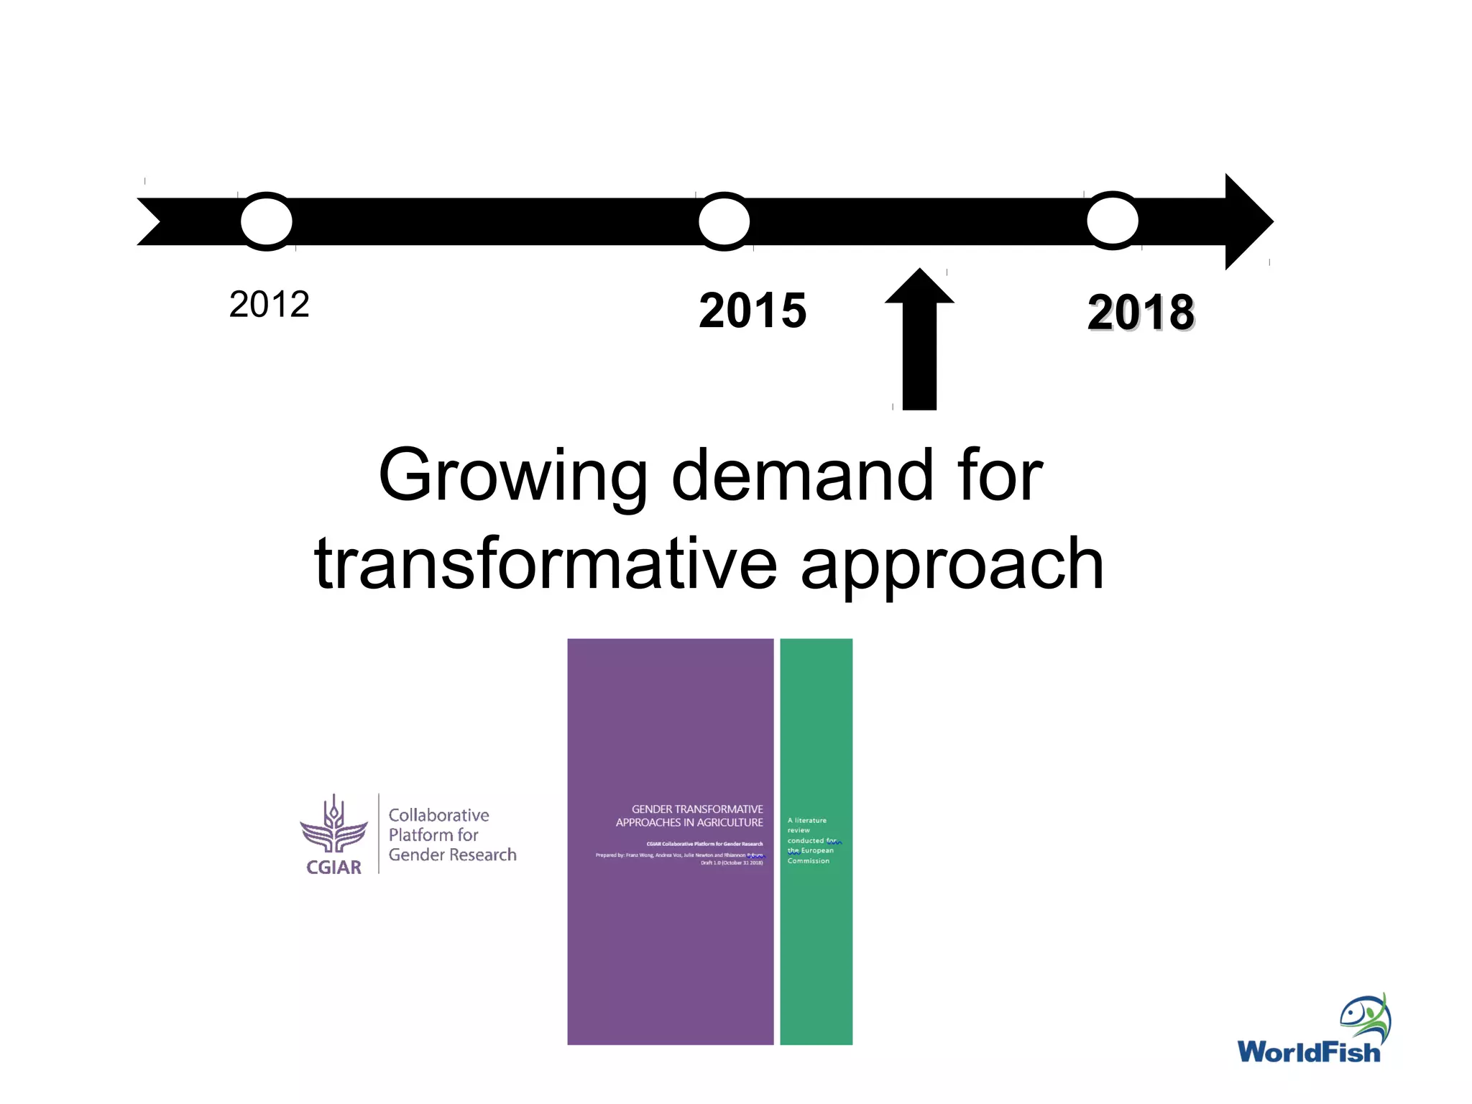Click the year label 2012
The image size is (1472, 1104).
[x=269, y=305]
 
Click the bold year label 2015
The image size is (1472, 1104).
[x=753, y=310]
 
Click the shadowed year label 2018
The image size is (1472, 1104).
[x=1141, y=313]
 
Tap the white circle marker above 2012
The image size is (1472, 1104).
[x=267, y=221]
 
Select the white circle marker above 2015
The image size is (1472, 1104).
[x=724, y=221]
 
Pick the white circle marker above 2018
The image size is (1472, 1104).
[x=1113, y=221]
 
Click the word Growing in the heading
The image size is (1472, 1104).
[x=512, y=476]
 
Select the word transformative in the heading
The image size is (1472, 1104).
[x=546, y=564]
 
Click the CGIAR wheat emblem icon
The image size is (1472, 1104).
[x=333, y=826]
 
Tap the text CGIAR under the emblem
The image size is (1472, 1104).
[x=333, y=868]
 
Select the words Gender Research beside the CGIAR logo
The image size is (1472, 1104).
[x=452, y=855]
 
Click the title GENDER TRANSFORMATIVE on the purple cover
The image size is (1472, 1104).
[x=696, y=809]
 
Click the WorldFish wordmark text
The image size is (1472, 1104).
[x=1308, y=1052]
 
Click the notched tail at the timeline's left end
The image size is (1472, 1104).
[x=155, y=221]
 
